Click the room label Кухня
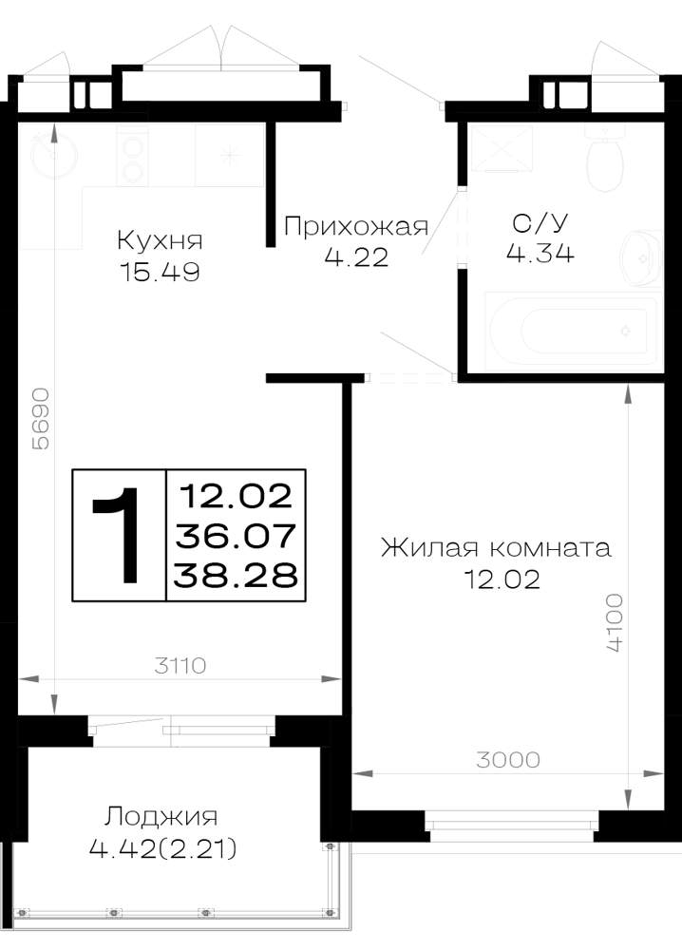pyautogui.click(x=160, y=240)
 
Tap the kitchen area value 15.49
pyautogui.click(x=160, y=272)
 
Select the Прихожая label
pyautogui.click(x=356, y=226)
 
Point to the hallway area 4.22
pyautogui.click(x=356, y=257)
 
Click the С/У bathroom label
pyautogui.click(x=540, y=223)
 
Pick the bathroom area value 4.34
pyautogui.click(x=540, y=253)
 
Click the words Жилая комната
pyautogui.click(x=496, y=548)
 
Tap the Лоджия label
pyautogui.click(x=161, y=816)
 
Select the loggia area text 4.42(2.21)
pyautogui.click(x=163, y=848)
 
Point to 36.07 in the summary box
pyautogui.click(x=236, y=536)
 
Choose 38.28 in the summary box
pyautogui.click(x=236, y=575)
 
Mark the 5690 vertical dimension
pyautogui.click(x=41, y=419)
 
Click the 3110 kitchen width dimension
pyautogui.click(x=180, y=666)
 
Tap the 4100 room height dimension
pyautogui.click(x=615, y=622)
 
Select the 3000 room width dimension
pyautogui.click(x=507, y=760)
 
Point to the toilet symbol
pyautogui.click(x=606, y=160)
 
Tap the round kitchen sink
pyautogui.click(x=54, y=155)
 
